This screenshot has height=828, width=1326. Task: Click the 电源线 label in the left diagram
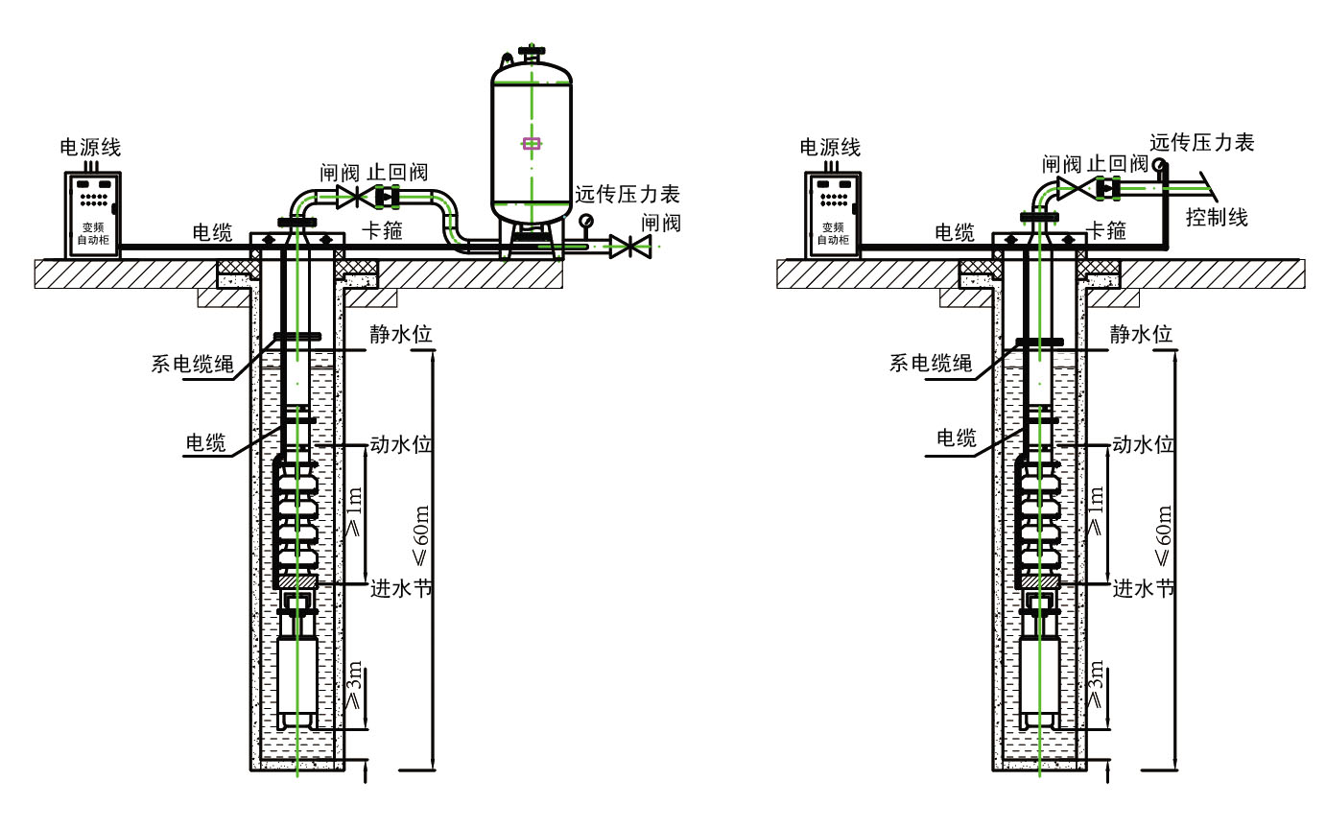[x=91, y=148]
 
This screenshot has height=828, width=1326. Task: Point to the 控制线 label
[x=1217, y=217]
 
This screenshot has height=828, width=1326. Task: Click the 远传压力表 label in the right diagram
[x=1202, y=143]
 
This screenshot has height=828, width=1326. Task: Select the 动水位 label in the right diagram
[x=1143, y=445]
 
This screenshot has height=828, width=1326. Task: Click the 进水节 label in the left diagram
[x=401, y=587]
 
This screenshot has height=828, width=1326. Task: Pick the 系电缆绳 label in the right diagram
[x=931, y=363]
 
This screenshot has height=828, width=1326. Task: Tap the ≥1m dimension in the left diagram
[x=354, y=514]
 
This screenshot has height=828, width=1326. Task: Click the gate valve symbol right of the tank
[x=629, y=247]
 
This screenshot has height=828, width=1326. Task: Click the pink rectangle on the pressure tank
[x=531, y=144]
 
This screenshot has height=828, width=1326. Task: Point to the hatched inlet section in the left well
[x=296, y=582]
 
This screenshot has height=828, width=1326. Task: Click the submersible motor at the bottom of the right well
[x=1039, y=682]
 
